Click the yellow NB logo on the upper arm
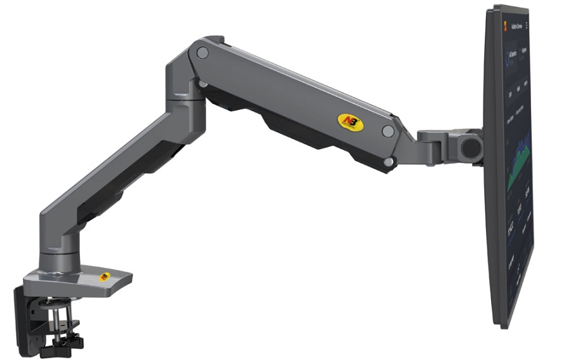pos(351,122)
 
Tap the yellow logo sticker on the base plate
pos(104,277)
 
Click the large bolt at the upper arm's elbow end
pos(202,53)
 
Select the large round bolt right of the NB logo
pos(388,131)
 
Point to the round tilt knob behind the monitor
pos(471,146)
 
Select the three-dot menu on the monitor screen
pos(526,25)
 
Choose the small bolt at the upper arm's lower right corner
pos(388,163)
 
